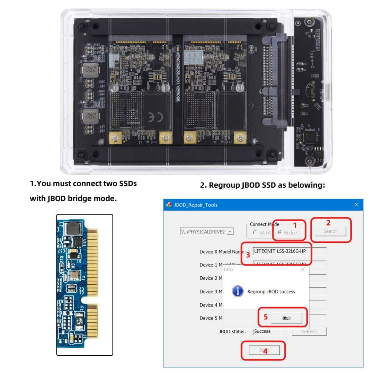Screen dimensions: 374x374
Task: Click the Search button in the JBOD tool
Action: pyautogui.click(x=330, y=231)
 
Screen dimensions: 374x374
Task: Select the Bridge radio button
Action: pyautogui.click(x=280, y=233)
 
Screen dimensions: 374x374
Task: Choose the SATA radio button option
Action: pyautogui.click(x=255, y=233)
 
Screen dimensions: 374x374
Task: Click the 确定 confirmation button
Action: pyautogui.click(x=286, y=318)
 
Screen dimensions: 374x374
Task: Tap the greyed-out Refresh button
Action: pyautogui.click(x=309, y=331)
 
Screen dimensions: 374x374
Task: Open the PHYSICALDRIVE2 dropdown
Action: pyautogui.click(x=230, y=232)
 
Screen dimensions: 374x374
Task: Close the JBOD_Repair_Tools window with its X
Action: pyautogui.click(x=356, y=205)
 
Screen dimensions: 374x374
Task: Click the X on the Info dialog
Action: pyautogui.click(x=302, y=269)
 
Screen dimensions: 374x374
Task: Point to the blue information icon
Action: pyautogui.click(x=238, y=291)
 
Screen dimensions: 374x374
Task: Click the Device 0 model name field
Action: pyautogui.click(x=289, y=251)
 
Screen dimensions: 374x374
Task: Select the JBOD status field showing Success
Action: pyautogui.click(x=268, y=331)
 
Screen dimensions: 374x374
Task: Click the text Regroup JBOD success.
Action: pyautogui.click(x=271, y=292)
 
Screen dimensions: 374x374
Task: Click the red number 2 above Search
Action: pyautogui.click(x=328, y=223)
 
